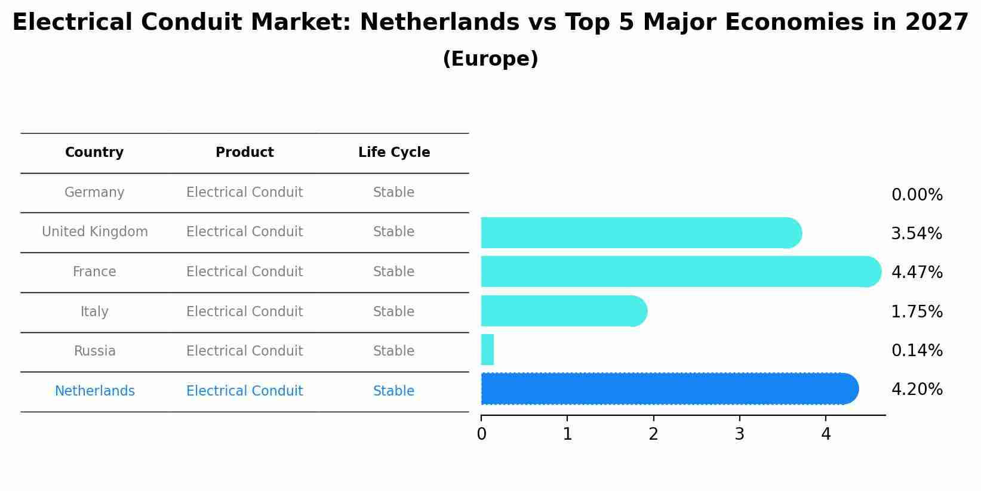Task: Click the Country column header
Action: pyautogui.click(x=94, y=153)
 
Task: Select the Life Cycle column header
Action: pyautogui.click(x=394, y=153)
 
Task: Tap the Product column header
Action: pyautogui.click(x=245, y=153)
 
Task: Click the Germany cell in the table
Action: pyautogui.click(x=94, y=193)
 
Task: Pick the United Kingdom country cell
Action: pyautogui.click(x=95, y=232)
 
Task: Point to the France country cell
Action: pyautogui.click(x=94, y=272)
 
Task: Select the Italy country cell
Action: pyautogui.click(x=94, y=312)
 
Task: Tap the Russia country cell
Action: pyautogui.click(x=94, y=351)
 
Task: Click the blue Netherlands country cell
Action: pyautogui.click(x=94, y=391)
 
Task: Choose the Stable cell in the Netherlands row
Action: pyautogui.click(x=394, y=391)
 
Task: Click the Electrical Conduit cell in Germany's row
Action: pyautogui.click(x=245, y=193)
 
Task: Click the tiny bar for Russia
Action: pyautogui.click(x=487, y=350)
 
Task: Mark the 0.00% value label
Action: pyautogui.click(x=917, y=195)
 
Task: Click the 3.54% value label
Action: pyautogui.click(x=917, y=234)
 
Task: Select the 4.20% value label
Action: pyautogui.click(x=917, y=390)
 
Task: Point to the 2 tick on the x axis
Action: pyautogui.click(x=653, y=434)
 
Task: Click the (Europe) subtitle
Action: pyautogui.click(x=490, y=59)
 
